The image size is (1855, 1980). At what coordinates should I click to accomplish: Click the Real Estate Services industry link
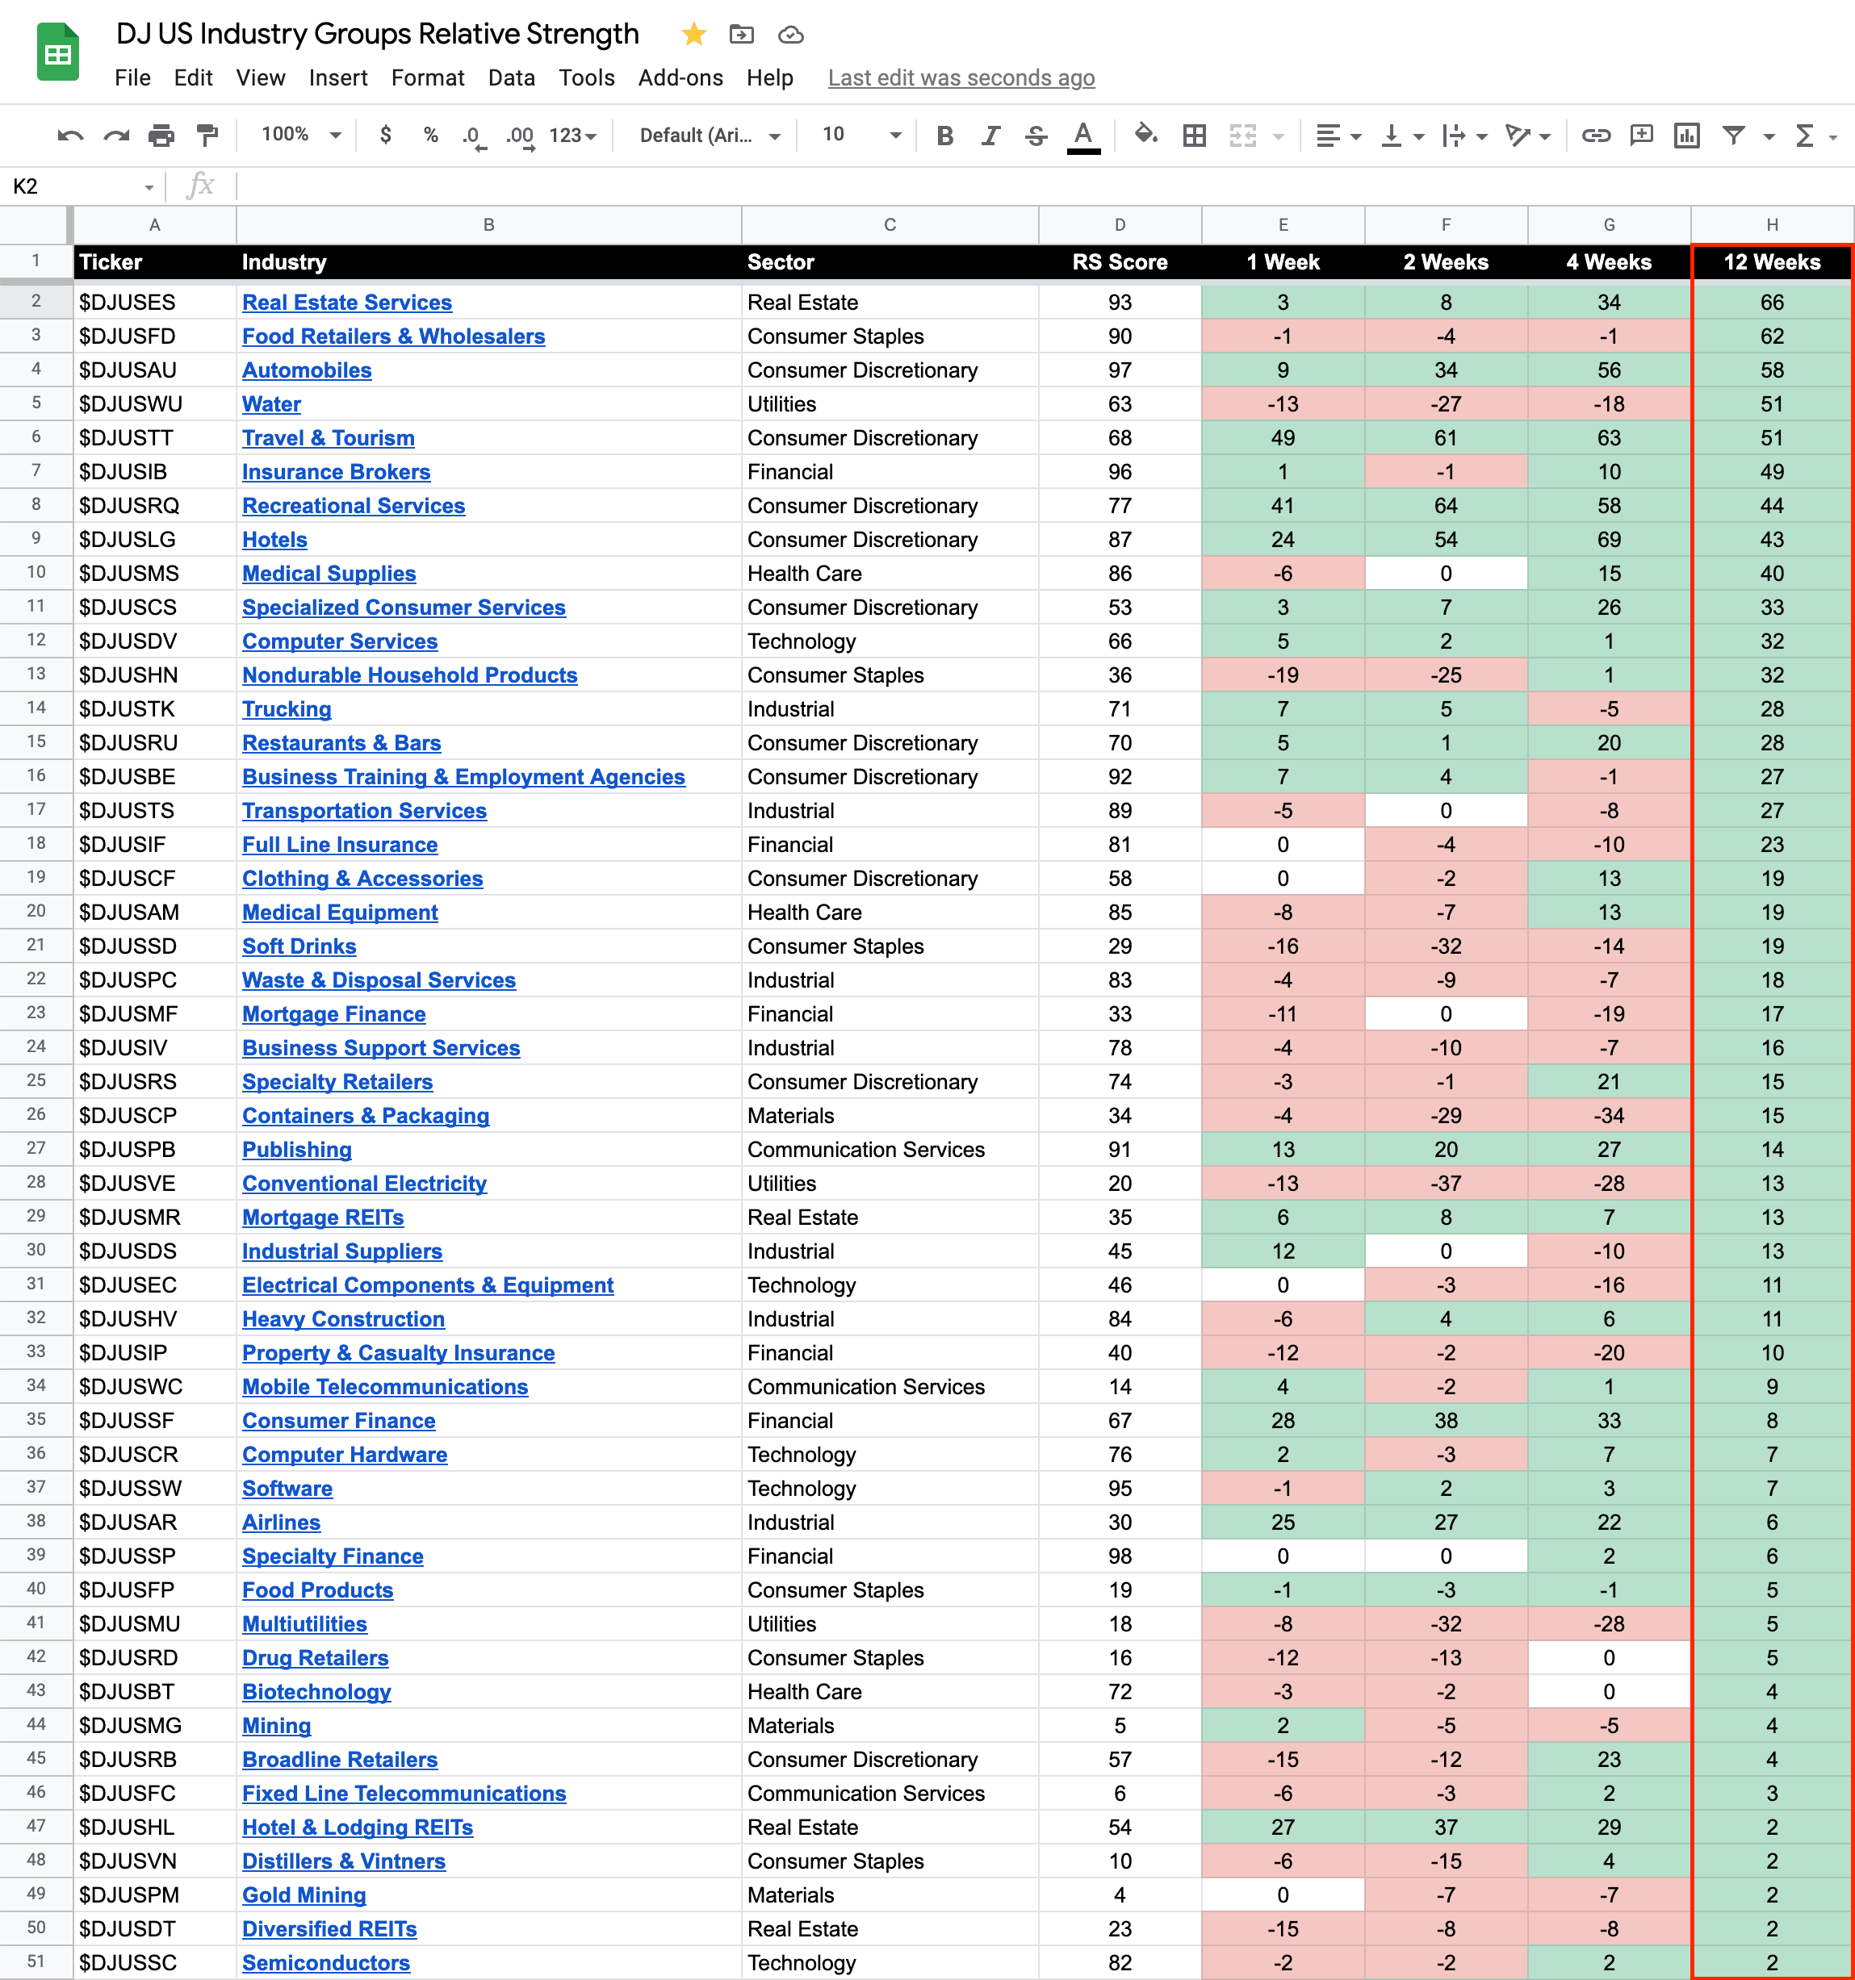tap(346, 303)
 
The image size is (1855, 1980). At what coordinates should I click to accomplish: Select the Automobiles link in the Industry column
tap(307, 370)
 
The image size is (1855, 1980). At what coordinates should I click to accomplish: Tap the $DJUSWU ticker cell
tap(128, 404)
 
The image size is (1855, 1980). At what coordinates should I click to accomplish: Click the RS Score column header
tap(1119, 263)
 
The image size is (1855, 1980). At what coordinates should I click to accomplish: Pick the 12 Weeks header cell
tap(1771, 263)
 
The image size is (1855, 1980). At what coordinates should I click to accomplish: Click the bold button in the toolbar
tap(944, 136)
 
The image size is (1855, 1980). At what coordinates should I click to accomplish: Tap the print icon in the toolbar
tap(161, 136)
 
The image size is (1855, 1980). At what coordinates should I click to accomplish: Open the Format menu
tap(427, 77)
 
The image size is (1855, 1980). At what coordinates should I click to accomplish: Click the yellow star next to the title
tap(693, 35)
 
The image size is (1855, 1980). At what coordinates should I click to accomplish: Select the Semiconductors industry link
tap(326, 1963)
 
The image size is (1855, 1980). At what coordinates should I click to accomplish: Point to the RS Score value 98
tap(1120, 1556)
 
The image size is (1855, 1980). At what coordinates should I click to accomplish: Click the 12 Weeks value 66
tap(1771, 303)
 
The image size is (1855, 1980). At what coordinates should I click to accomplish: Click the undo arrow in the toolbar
tap(69, 136)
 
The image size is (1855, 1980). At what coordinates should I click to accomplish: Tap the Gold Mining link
tap(304, 1895)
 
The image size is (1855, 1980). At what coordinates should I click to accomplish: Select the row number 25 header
tap(36, 1080)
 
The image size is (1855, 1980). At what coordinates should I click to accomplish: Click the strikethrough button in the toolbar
tap(1036, 136)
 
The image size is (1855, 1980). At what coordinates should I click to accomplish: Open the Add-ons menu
tap(680, 77)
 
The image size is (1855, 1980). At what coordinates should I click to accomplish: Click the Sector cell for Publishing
tap(865, 1151)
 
